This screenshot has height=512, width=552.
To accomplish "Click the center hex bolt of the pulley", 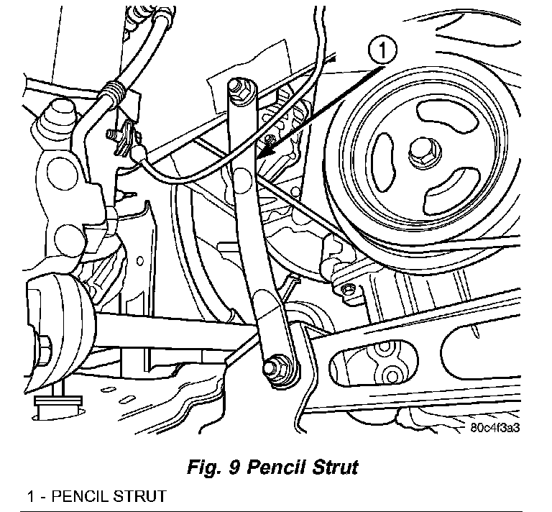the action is click(419, 152).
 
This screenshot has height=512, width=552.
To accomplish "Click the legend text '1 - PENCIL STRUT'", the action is click(96, 496).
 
